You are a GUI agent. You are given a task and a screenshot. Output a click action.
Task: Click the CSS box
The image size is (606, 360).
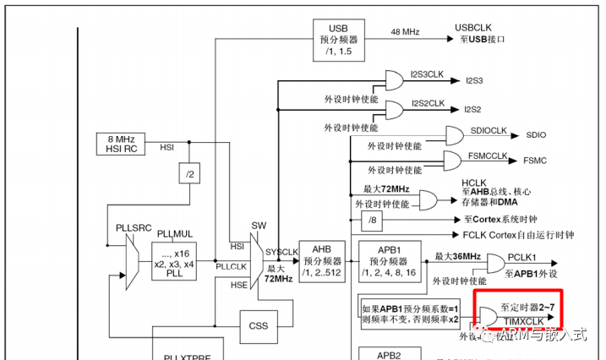click(259, 325)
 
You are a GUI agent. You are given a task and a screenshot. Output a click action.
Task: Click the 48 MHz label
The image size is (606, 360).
click(405, 31)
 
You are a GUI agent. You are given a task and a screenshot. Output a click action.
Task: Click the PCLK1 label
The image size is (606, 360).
click(525, 257)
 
